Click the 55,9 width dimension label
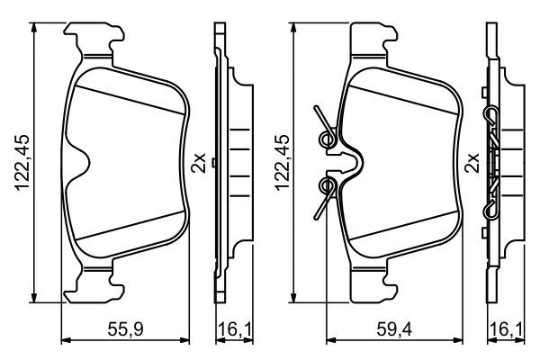(128, 329)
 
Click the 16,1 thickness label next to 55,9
(228, 329)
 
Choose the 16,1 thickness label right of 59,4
(502, 329)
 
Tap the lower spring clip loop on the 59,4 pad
(328, 186)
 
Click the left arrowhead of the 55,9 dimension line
(64, 340)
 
